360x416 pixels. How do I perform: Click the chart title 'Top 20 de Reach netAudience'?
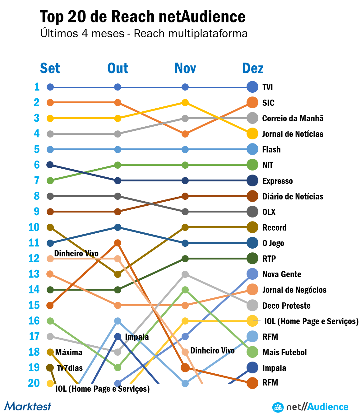(143, 17)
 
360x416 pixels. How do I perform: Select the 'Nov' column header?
(185, 68)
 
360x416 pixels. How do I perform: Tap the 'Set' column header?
(50, 68)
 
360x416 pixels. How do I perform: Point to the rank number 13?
(34, 274)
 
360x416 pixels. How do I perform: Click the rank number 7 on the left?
(37, 180)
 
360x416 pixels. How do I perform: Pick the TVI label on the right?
(267, 87)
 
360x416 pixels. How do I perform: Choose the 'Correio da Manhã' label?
(293, 118)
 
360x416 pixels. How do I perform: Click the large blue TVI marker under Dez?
(252, 87)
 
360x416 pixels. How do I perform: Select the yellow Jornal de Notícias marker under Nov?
(185, 102)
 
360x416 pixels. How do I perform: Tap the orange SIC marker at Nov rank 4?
(185, 134)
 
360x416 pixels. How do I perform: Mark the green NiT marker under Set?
(50, 180)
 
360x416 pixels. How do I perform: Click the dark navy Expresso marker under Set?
(50, 165)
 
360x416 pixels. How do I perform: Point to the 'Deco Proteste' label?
(286, 306)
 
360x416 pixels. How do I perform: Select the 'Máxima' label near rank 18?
(69, 353)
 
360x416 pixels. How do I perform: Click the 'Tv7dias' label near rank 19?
(70, 368)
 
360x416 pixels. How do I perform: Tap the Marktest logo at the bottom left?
(28, 406)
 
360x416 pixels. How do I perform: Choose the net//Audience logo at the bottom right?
(310, 407)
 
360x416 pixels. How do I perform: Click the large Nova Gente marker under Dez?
(252, 274)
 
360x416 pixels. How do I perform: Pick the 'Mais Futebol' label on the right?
(284, 353)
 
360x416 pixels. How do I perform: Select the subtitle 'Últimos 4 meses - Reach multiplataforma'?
(144, 34)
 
